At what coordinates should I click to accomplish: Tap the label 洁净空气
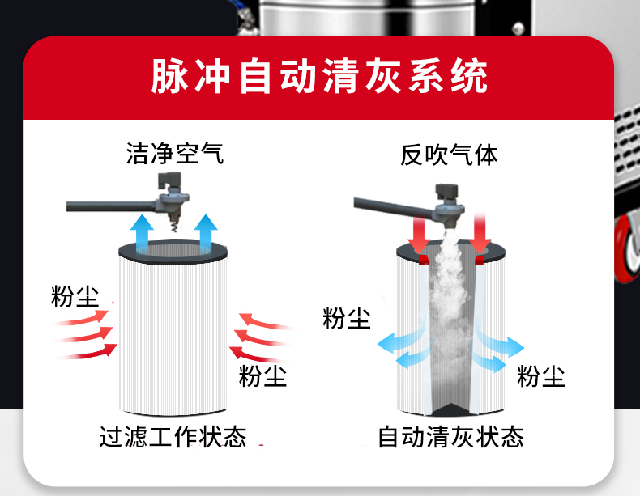coord(175,153)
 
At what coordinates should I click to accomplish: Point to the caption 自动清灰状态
coord(451,437)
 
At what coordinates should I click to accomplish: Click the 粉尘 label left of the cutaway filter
coord(347,318)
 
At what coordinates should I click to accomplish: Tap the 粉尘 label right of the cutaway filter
coord(541,375)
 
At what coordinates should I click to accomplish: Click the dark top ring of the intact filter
coord(174,249)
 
